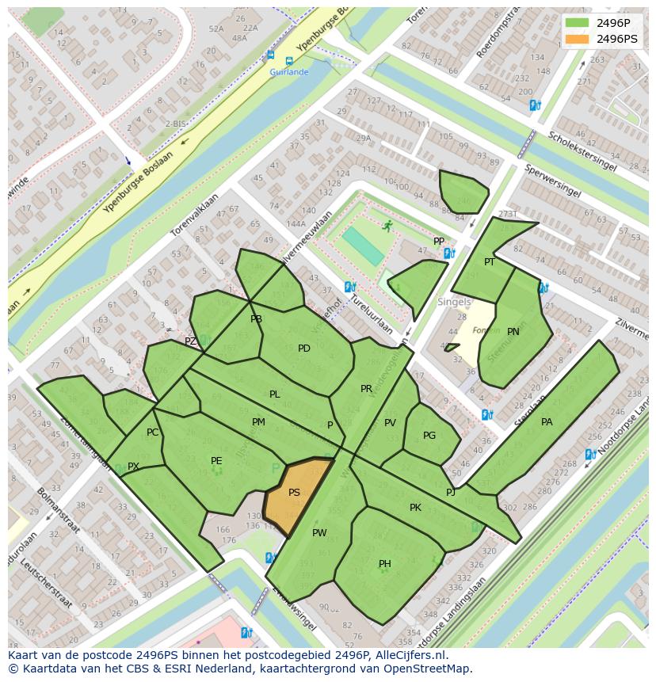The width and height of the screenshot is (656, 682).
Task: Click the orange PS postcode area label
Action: coord(294,493)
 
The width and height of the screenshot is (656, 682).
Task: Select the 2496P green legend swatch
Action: coord(578,22)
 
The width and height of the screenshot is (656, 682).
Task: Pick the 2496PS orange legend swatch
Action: coord(578,39)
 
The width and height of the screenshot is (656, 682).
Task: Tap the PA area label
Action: coord(547,422)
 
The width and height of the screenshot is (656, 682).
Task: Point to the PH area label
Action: coord(384,564)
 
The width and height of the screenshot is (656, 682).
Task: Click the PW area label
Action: coord(319,533)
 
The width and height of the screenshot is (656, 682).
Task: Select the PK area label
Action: coord(415,508)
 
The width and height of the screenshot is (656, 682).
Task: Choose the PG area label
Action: coord(429,436)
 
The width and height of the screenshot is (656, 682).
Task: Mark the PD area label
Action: coord(304,349)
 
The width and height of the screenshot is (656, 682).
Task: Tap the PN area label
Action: coord(513,332)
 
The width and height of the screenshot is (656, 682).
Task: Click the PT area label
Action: coord(490,262)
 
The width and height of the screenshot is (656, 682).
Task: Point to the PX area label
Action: coord(133,467)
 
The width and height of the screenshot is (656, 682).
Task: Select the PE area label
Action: coord(216,461)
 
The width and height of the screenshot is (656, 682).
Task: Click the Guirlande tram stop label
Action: coord(288,72)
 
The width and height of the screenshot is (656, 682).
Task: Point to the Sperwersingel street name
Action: coord(553,181)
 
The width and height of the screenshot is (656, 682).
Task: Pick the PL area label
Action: coord(274,394)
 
